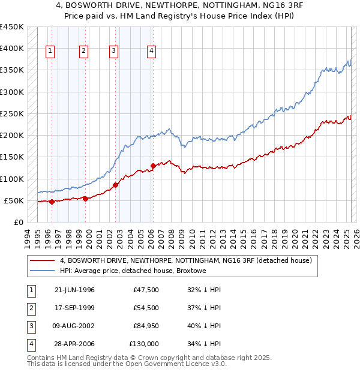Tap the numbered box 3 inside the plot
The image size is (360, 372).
click(x=113, y=51)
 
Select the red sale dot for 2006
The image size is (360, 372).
click(x=153, y=166)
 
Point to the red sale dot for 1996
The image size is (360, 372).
click(x=52, y=202)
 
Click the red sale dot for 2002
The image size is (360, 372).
click(x=115, y=185)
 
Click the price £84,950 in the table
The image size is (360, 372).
click(x=143, y=326)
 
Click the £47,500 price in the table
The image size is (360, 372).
click(x=145, y=290)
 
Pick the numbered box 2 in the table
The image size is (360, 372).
click(x=29, y=308)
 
